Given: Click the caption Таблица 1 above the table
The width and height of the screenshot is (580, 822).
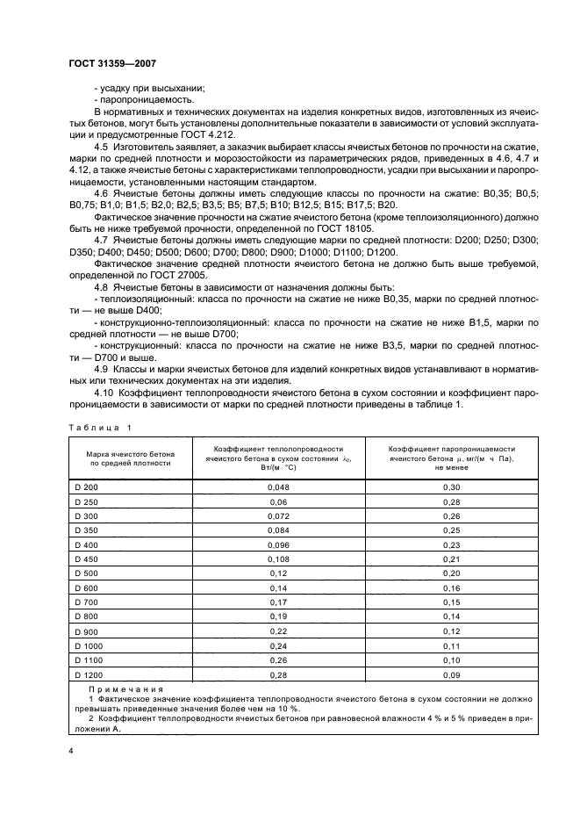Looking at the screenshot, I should coord(97,427).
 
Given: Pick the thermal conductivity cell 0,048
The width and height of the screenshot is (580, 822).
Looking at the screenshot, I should coord(278,487).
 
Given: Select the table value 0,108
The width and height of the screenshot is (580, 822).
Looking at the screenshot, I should coord(278,559).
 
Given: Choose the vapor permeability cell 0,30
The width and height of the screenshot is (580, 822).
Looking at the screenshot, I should coord(451,487).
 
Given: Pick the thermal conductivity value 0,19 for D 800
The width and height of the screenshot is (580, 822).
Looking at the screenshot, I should coord(278,616).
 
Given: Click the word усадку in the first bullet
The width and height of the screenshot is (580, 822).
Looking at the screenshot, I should coord(114,87).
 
